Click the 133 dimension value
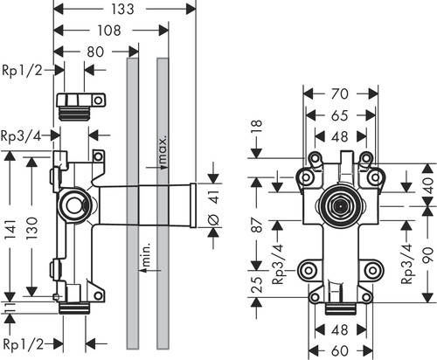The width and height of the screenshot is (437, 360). (x=122, y=9)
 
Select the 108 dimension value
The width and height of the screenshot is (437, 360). (x=109, y=31)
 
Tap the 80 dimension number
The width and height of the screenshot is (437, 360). (x=95, y=52)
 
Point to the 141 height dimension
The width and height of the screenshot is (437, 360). (x=10, y=229)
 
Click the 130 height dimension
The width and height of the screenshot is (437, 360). (x=32, y=228)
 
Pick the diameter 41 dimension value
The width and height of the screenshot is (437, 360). (x=214, y=207)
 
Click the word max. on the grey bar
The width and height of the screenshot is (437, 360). (x=163, y=149)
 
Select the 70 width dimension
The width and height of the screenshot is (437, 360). (x=340, y=93)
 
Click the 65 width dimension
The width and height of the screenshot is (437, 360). (x=340, y=115)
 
